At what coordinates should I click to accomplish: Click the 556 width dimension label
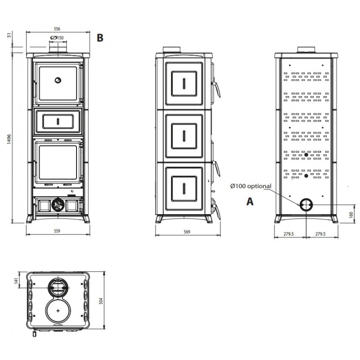coord(57,29)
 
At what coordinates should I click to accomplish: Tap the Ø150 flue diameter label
coord(57,38)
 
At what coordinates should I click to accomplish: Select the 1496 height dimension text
coord(9,139)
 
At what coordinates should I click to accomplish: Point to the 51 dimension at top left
coord(9,35)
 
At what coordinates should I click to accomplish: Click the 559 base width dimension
coord(57,231)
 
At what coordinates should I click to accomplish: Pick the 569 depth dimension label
coord(187,232)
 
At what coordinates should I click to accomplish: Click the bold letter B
coord(100,38)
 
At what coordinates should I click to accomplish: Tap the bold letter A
coord(250,201)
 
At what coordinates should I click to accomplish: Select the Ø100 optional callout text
coord(251,186)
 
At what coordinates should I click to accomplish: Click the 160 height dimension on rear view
coord(351,215)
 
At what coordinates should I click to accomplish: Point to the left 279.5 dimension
coord(288,234)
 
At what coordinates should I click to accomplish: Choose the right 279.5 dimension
coord(320,234)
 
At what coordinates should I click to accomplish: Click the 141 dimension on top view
coord(16,280)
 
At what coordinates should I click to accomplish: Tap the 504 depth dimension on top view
coord(101,301)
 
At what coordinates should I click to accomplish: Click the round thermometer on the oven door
coord(58,81)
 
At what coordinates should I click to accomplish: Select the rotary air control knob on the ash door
coord(58,204)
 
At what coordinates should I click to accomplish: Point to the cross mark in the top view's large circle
coord(58,310)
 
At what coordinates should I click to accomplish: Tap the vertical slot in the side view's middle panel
coord(184,136)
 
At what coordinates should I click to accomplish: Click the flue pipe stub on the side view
coord(172,50)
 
